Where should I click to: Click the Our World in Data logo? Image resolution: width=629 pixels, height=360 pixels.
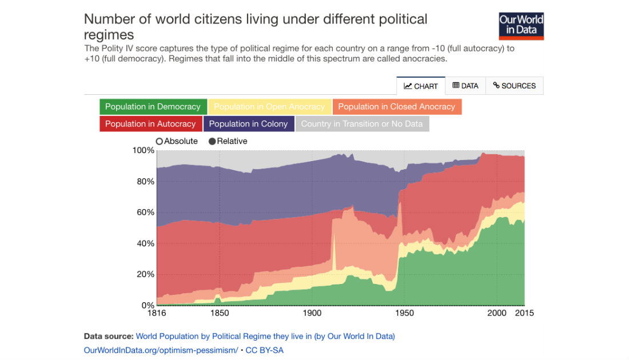coord(521,25)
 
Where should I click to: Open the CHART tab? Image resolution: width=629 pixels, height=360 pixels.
coord(421,86)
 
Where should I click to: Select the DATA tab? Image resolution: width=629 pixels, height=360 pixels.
coord(465,86)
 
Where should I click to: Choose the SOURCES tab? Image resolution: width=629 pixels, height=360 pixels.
coord(514,86)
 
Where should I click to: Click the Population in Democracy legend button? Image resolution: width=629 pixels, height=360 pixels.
coord(153,107)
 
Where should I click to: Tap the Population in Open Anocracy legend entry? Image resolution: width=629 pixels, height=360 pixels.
coord(269,107)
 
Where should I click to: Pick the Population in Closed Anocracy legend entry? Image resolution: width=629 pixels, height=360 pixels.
coord(396,107)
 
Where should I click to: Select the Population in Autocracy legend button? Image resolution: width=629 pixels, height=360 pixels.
coord(150,124)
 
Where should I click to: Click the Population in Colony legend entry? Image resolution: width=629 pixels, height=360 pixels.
coord(248,124)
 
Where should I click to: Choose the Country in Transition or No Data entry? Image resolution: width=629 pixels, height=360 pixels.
coord(362,124)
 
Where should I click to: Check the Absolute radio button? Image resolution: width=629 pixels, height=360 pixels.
coord(160,141)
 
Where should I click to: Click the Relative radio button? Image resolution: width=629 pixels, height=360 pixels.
coord(212,141)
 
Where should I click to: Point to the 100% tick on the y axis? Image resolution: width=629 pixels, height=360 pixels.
coord(143,150)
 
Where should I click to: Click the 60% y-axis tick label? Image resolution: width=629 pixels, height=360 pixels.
coord(145,212)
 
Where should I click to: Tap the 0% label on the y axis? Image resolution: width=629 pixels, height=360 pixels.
coord(147,305)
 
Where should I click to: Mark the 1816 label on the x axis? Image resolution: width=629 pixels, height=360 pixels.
coord(157,313)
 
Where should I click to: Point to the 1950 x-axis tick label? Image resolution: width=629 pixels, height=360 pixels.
coord(404,313)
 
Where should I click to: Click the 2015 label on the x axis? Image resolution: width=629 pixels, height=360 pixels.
coord(524,313)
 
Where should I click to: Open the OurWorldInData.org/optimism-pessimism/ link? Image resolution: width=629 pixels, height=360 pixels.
coord(161,350)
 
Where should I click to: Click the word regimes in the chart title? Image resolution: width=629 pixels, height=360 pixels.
coord(109,34)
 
